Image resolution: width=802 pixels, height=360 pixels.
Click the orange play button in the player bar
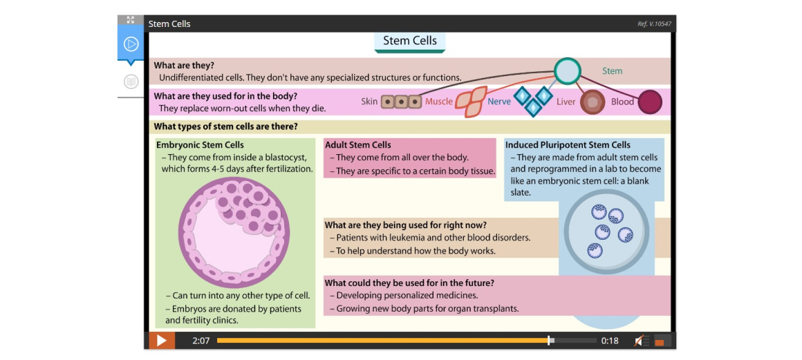(x=162, y=341)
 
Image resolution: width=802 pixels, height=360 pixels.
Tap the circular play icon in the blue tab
(x=131, y=44)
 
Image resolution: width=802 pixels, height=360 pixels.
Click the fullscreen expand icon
(x=131, y=20)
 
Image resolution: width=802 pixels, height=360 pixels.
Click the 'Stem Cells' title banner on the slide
(x=410, y=42)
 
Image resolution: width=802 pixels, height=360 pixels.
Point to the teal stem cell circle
(x=568, y=71)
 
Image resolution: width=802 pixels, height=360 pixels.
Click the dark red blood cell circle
(x=650, y=102)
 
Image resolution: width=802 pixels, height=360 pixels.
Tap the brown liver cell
(x=593, y=102)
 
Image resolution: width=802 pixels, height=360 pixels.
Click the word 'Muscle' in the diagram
(x=439, y=102)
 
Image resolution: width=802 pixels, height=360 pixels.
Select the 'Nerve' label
(x=499, y=102)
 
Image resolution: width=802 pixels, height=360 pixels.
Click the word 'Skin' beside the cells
(x=369, y=102)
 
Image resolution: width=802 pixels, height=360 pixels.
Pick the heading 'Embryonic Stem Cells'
(x=200, y=145)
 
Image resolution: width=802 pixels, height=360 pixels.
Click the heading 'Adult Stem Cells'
(x=358, y=145)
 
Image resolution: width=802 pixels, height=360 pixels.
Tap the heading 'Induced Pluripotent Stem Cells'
(x=568, y=145)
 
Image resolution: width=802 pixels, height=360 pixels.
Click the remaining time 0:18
(x=610, y=341)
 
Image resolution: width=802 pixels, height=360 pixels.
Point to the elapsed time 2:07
(x=201, y=341)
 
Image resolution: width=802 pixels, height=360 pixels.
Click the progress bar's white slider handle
(x=549, y=341)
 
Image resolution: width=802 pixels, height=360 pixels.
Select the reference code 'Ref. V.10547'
(x=654, y=24)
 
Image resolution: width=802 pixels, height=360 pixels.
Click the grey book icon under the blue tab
(x=131, y=82)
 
